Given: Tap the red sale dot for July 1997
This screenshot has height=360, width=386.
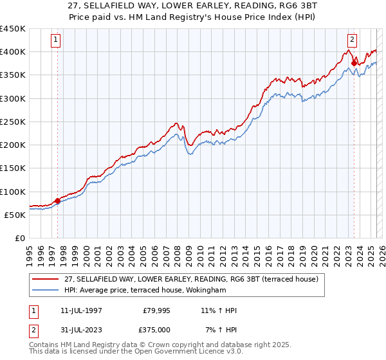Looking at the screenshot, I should pyautogui.click(x=57, y=201).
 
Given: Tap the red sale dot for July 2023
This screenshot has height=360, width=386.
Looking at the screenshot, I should pyautogui.click(x=354, y=63).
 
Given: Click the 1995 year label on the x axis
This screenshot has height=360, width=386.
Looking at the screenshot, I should pyautogui.click(x=29, y=251).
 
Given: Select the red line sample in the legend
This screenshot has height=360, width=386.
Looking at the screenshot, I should pyautogui.click(x=46, y=278).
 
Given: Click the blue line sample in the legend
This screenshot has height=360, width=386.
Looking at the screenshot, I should pyautogui.click(x=46, y=290).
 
